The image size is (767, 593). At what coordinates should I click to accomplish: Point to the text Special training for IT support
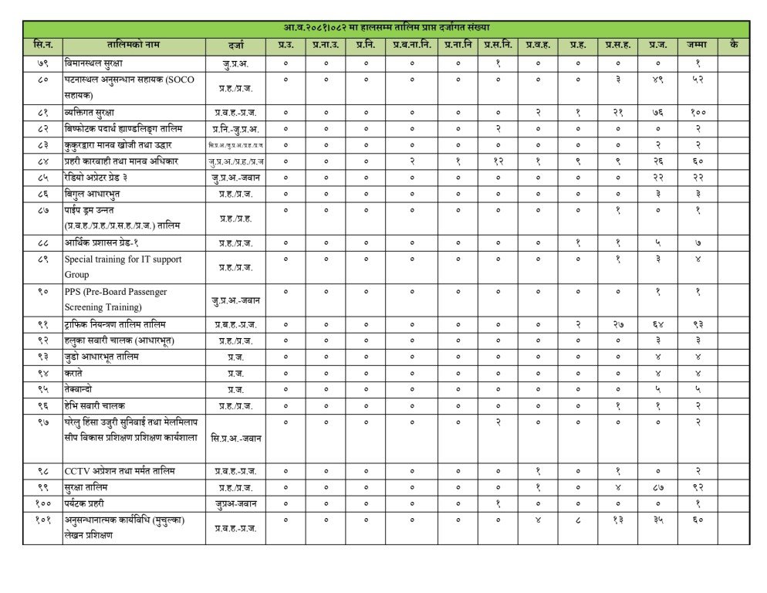123,259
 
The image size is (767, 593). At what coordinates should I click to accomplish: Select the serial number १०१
43,520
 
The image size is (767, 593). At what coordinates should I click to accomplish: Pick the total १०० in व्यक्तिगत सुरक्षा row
697,112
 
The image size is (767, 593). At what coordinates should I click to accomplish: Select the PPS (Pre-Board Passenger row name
116,292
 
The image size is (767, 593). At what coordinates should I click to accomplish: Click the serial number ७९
43,63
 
